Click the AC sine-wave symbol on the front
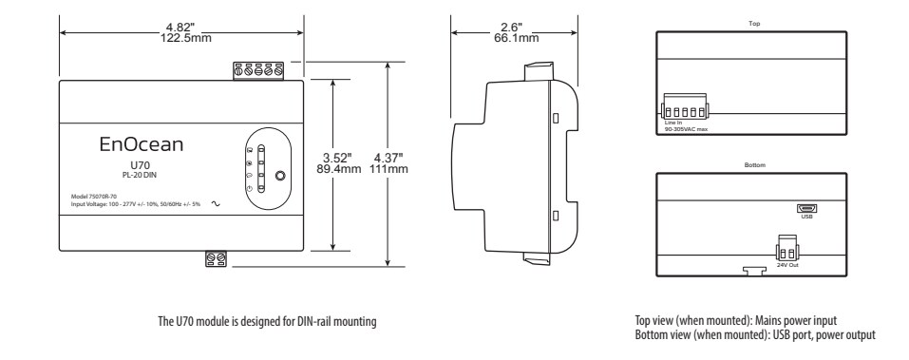(x=202, y=202)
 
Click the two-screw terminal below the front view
(x=216, y=257)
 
